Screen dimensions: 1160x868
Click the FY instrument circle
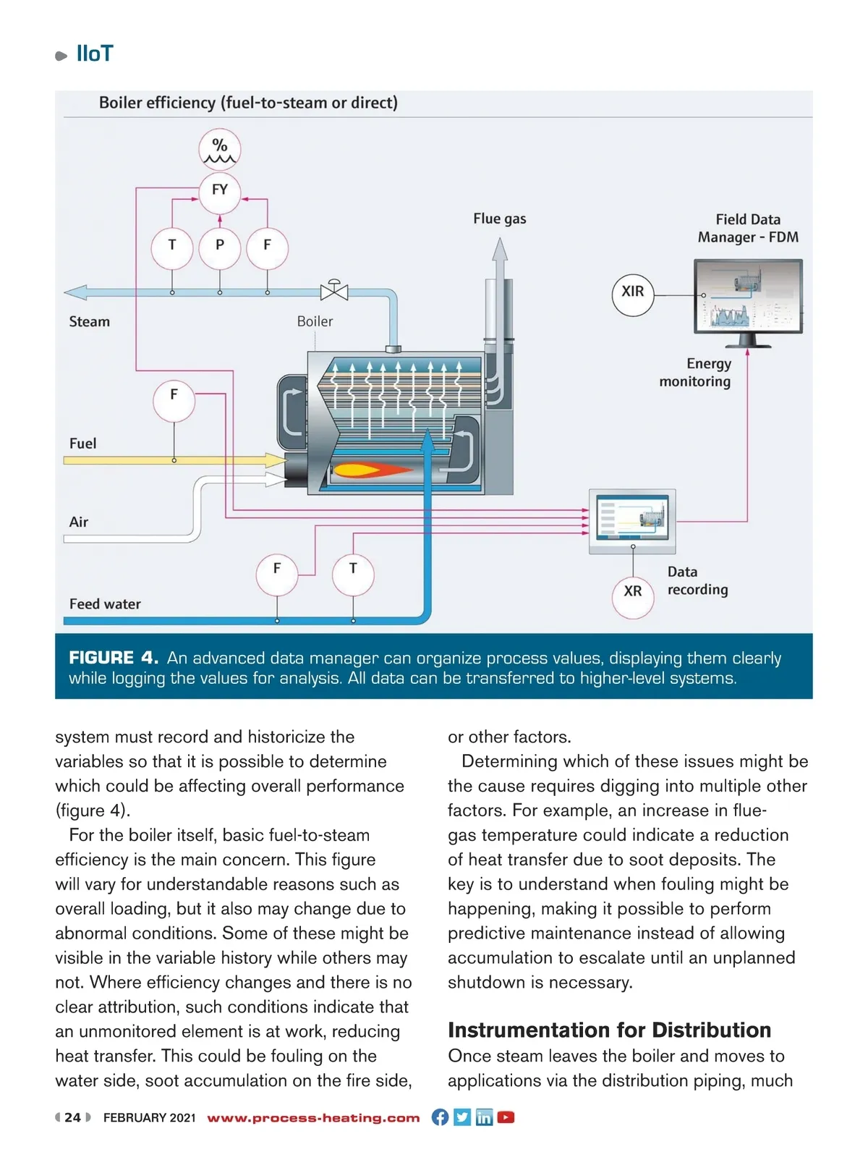pos(219,191)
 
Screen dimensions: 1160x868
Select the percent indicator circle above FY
pos(219,150)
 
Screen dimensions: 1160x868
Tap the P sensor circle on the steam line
pos(219,247)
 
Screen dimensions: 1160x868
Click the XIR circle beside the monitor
pos(633,292)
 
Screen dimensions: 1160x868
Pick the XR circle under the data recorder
pos(633,593)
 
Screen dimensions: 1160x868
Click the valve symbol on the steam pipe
pos(334,291)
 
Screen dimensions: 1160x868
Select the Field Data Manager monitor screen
pos(749,297)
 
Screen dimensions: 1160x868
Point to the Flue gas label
pos(500,219)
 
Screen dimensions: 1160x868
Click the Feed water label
pos(105,604)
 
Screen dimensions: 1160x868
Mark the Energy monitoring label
pos(695,373)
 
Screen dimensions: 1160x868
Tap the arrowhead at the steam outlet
pos(75,293)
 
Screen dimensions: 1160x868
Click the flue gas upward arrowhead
pos(500,250)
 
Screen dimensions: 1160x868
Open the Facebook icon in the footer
pos(440,1117)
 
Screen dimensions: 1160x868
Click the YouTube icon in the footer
pos(506,1117)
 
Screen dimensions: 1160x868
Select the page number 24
pos(72,1117)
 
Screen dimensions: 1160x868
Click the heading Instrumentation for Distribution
pos(609,1030)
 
